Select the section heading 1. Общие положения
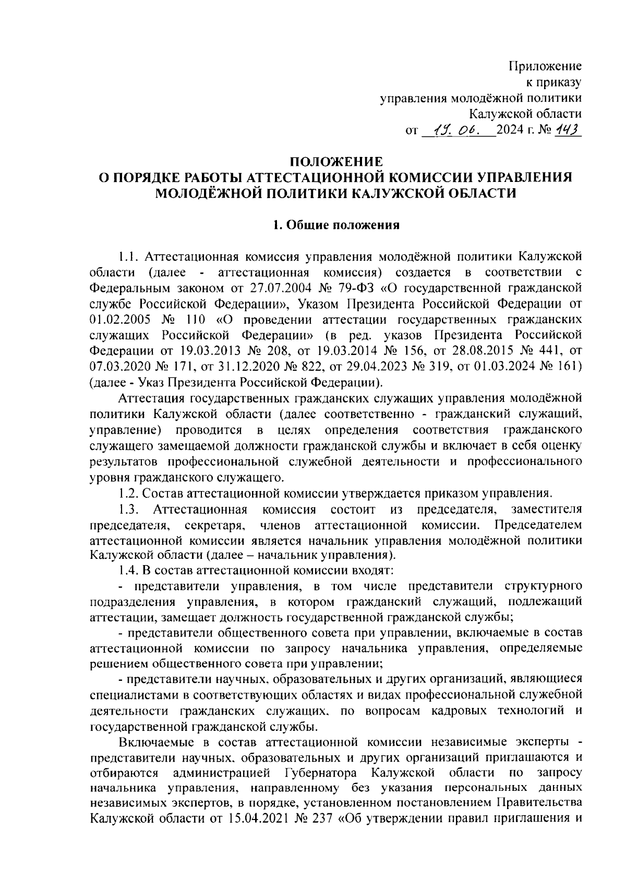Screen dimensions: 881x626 336,225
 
